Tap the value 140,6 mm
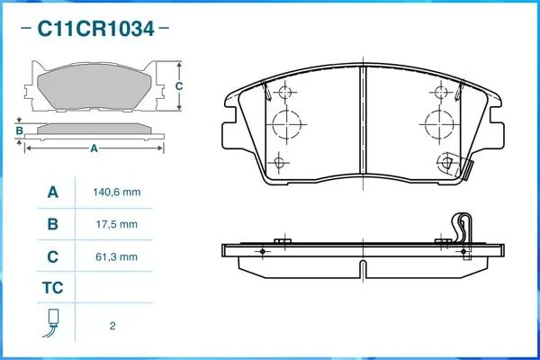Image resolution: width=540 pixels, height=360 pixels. (x=115, y=193)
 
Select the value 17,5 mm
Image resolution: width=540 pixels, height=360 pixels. (x=115, y=224)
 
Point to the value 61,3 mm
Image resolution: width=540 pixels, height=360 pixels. (x=115, y=256)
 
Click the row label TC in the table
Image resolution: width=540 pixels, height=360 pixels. (x=52, y=289)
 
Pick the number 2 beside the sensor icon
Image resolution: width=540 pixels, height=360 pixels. (x=112, y=326)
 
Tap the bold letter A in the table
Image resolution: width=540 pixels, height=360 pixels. (x=52, y=193)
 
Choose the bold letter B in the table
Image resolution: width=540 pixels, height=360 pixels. (x=52, y=224)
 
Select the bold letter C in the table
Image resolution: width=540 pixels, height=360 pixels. (x=52, y=256)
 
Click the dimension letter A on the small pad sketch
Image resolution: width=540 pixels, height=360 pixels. (x=94, y=149)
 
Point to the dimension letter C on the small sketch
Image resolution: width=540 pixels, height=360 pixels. (x=179, y=85)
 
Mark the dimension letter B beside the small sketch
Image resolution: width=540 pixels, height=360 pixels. (x=19, y=130)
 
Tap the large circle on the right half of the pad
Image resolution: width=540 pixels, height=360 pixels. (x=438, y=123)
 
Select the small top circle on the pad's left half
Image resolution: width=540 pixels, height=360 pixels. (x=286, y=93)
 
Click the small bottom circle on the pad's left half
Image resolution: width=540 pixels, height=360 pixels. (x=280, y=162)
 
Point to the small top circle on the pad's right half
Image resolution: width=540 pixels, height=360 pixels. (x=440, y=93)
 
